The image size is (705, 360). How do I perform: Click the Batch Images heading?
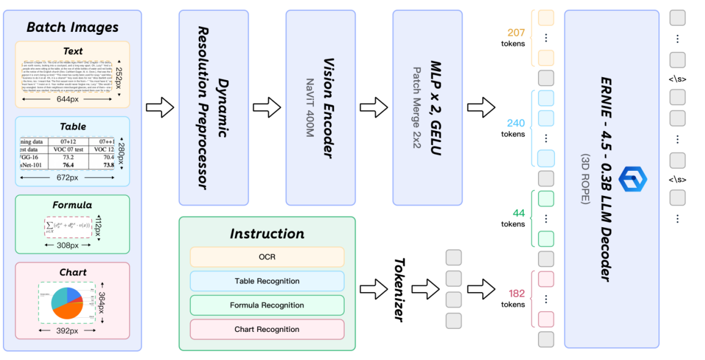[x=72, y=28]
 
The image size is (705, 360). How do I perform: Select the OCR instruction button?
[x=267, y=257]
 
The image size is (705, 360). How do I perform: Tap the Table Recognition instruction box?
[x=267, y=281]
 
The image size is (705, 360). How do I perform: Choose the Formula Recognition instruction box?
[x=267, y=305]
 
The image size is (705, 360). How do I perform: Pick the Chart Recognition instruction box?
[x=267, y=329]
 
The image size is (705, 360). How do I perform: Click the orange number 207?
[x=517, y=32]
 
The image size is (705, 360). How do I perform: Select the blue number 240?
[x=516, y=123]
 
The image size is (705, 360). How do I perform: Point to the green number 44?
[x=519, y=213]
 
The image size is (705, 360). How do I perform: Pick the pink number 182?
[x=517, y=293]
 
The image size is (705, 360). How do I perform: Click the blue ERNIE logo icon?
[x=632, y=179]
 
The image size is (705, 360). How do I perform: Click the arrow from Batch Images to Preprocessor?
[x=160, y=108]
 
